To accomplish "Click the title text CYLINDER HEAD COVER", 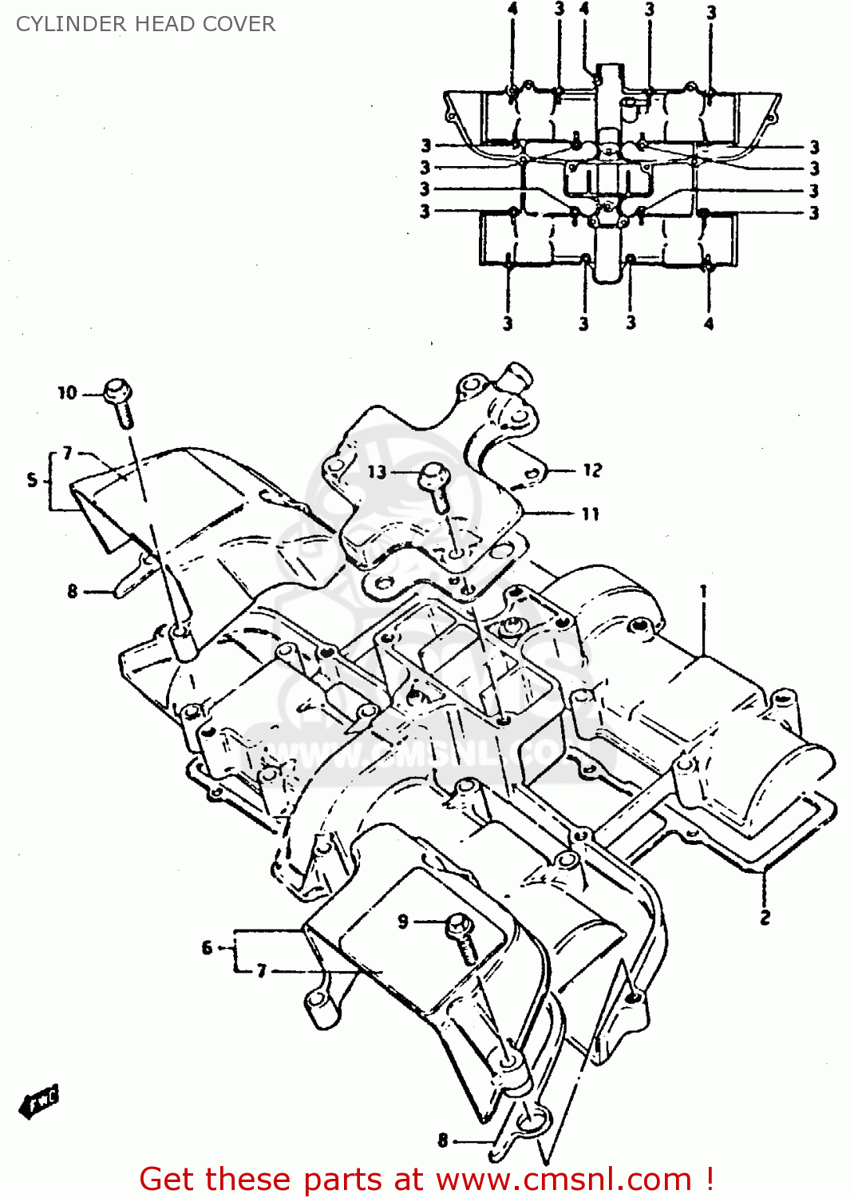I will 145,24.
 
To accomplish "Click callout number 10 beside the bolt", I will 67,392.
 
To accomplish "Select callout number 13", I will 377,471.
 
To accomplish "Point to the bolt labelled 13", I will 436,484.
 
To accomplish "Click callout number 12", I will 592,470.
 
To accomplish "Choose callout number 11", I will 591,514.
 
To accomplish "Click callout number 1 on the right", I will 703,591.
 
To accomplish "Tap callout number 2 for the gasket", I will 765,917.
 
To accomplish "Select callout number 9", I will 403,921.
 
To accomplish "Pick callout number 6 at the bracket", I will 207,948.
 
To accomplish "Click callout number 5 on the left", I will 32,479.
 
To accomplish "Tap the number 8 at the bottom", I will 443,1140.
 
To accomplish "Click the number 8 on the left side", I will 73,591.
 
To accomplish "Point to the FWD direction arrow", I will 39,1102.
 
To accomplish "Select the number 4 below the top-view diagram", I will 709,323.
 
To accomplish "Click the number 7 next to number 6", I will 261,971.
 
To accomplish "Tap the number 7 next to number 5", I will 68,453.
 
